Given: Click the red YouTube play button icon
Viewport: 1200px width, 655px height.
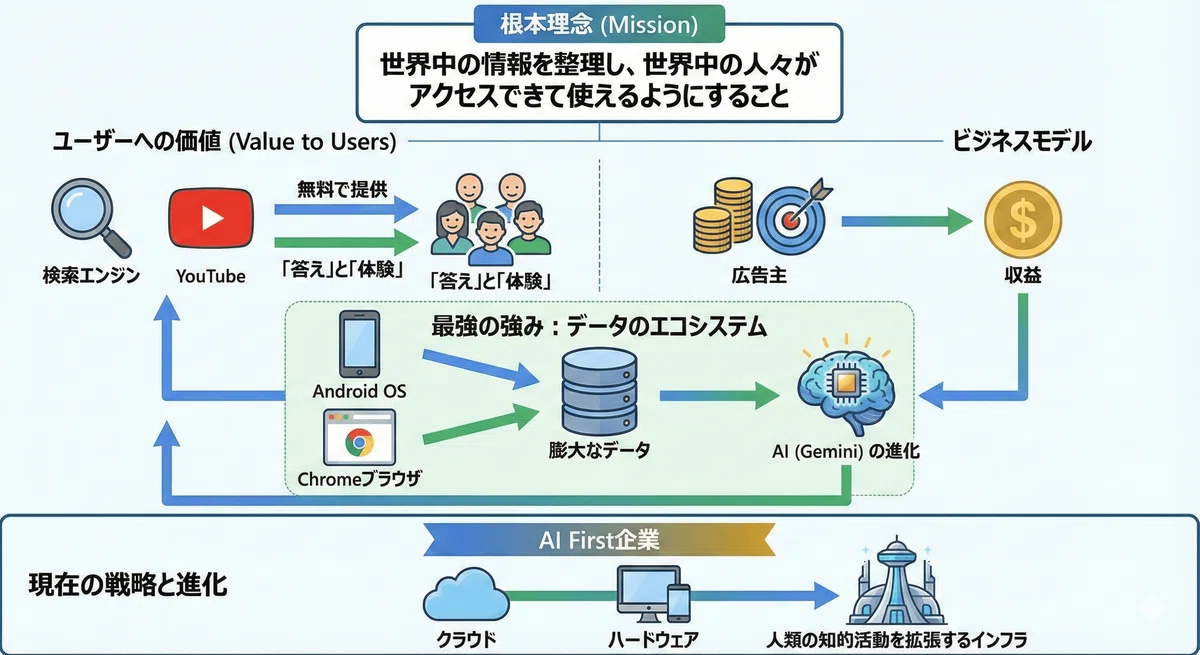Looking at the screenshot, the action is (211, 218).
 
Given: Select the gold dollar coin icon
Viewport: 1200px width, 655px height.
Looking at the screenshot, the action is (1023, 220).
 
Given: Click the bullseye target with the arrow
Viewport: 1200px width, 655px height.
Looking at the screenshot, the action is (794, 218).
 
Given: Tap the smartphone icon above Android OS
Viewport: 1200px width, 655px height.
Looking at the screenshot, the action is (359, 344).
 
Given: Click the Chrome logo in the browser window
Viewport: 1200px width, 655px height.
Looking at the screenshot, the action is (359, 442).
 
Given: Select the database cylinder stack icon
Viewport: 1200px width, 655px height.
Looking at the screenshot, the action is (599, 391).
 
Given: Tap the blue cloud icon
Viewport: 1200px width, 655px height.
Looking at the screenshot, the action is (466, 594).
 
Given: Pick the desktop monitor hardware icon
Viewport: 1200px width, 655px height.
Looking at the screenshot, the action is (648, 593).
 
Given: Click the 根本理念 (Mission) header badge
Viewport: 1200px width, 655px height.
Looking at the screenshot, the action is (599, 24).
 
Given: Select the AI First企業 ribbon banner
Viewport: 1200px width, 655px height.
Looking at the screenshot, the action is (599, 539).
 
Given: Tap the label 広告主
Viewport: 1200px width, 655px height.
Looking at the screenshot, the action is (759, 275).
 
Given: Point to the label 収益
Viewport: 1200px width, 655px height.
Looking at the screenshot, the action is (1023, 275).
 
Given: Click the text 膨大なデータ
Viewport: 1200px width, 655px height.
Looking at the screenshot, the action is (599, 450).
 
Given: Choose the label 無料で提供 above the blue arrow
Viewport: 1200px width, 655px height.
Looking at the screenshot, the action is (342, 189).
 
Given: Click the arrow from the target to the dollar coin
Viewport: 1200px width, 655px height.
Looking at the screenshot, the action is (906, 221).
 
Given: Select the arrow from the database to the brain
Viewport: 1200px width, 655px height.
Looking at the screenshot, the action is (719, 396).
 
